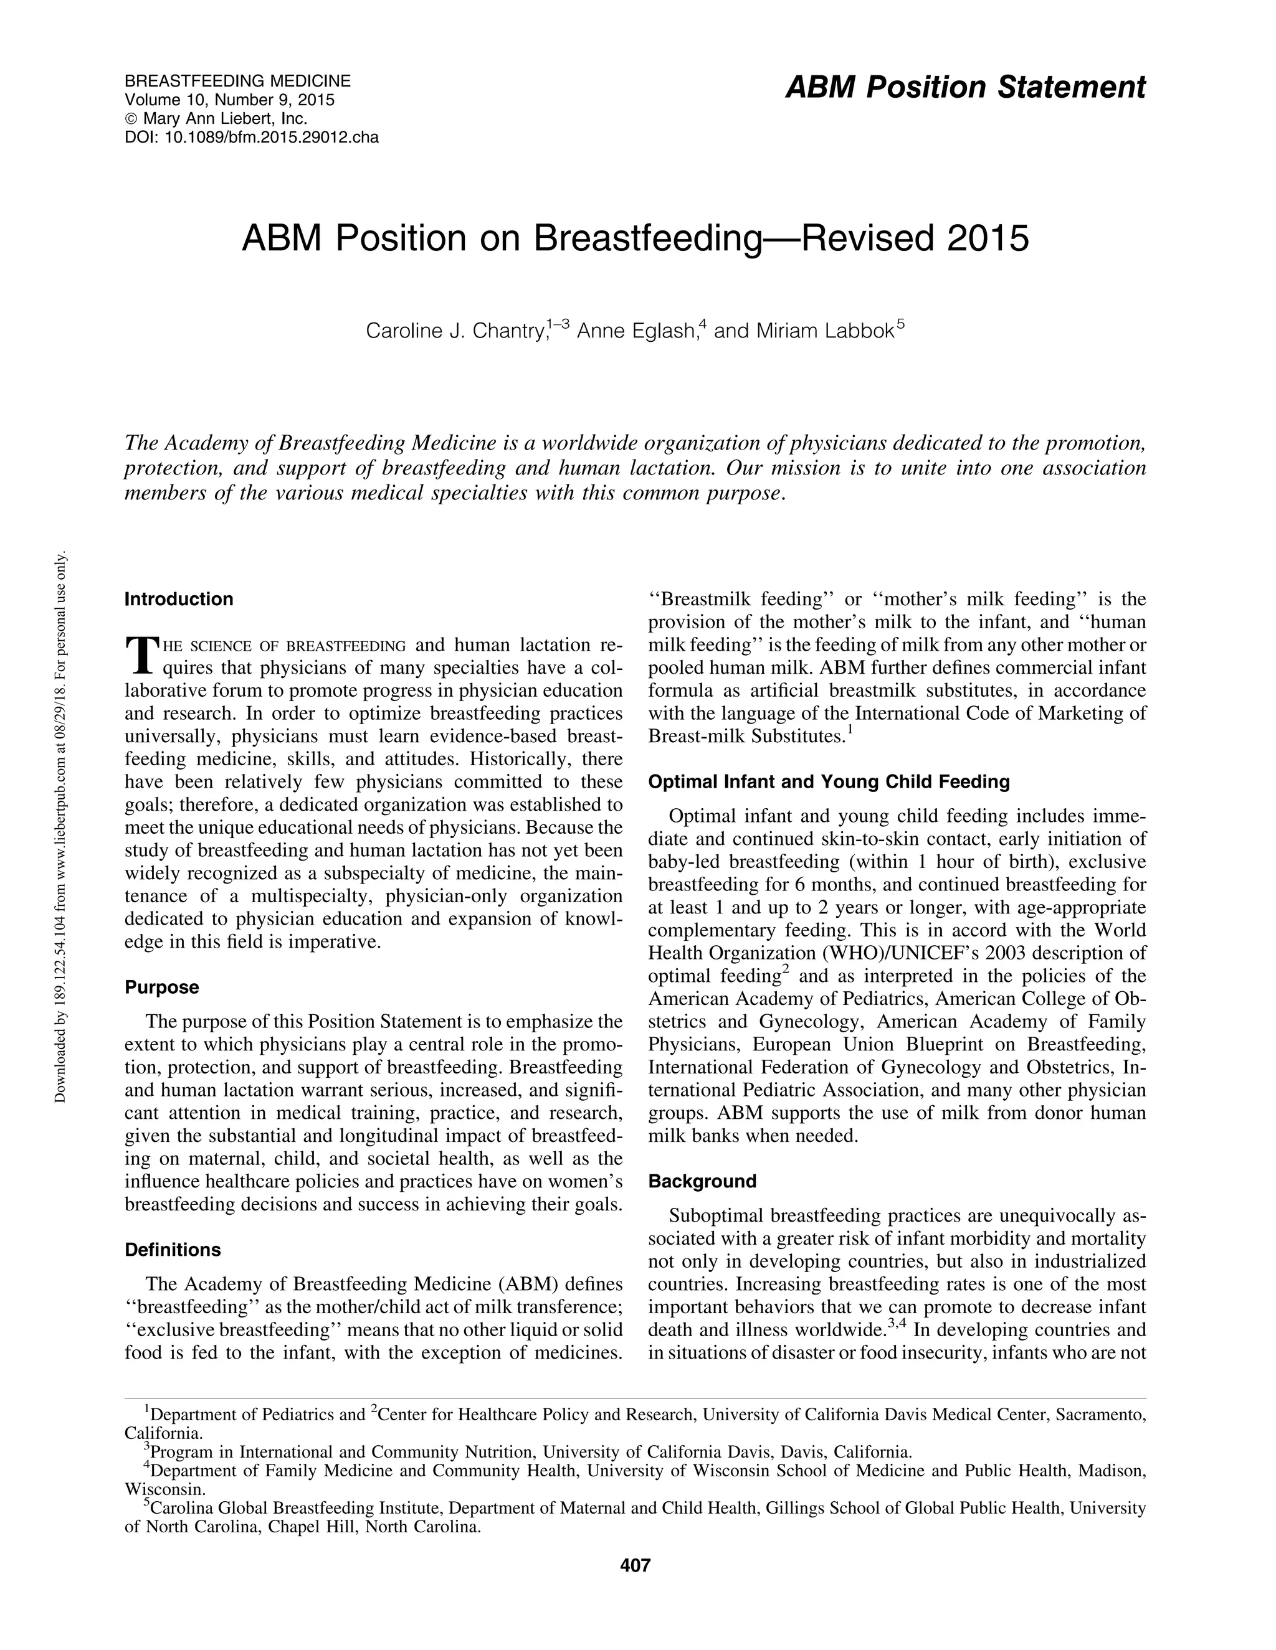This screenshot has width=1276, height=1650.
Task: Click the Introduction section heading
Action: (178, 599)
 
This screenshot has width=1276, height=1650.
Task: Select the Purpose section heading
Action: (162, 987)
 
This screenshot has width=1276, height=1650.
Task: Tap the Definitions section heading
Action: (173, 1249)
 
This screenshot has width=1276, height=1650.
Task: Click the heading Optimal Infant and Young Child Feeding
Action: (829, 781)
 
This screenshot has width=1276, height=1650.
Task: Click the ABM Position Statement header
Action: (965, 88)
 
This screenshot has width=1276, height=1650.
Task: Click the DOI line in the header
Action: (251, 138)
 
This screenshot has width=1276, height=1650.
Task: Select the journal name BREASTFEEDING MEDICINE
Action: (237, 81)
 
